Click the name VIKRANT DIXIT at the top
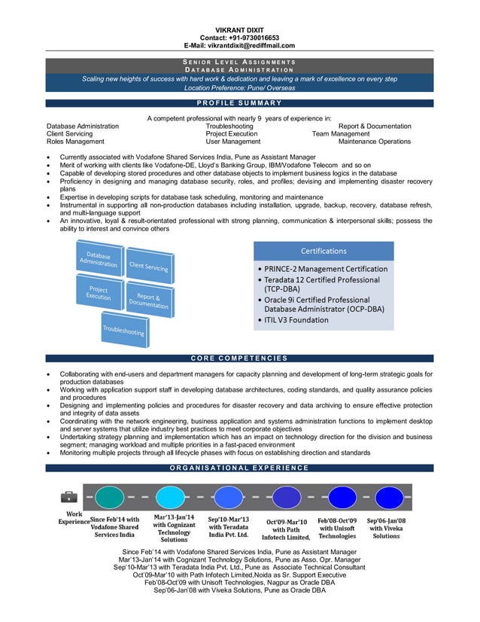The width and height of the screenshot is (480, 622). pyautogui.click(x=239, y=29)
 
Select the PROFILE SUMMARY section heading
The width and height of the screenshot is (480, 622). pyautogui.click(x=239, y=103)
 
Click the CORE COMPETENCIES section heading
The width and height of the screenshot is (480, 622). pyautogui.click(x=239, y=358)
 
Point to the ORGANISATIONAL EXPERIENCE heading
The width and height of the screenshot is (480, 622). pyautogui.click(x=239, y=468)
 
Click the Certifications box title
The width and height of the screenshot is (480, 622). pyautogui.click(x=324, y=251)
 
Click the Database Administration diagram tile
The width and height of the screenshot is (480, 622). pyautogui.click(x=99, y=259)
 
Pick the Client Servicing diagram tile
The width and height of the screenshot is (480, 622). pyautogui.click(x=148, y=266)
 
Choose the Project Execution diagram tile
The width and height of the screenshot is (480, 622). pyautogui.click(x=99, y=292)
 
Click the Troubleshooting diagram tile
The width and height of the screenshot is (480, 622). pyautogui.click(x=124, y=331)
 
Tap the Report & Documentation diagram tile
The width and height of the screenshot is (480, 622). pyautogui.click(x=148, y=300)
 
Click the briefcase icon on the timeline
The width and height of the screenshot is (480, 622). pyautogui.click(x=69, y=496)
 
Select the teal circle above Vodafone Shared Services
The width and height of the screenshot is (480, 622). pyautogui.click(x=110, y=497)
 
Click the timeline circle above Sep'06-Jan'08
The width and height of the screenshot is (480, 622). pyautogui.click(x=384, y=497)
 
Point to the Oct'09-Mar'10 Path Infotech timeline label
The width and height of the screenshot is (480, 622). pyautogui.click(x=286, y=529)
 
